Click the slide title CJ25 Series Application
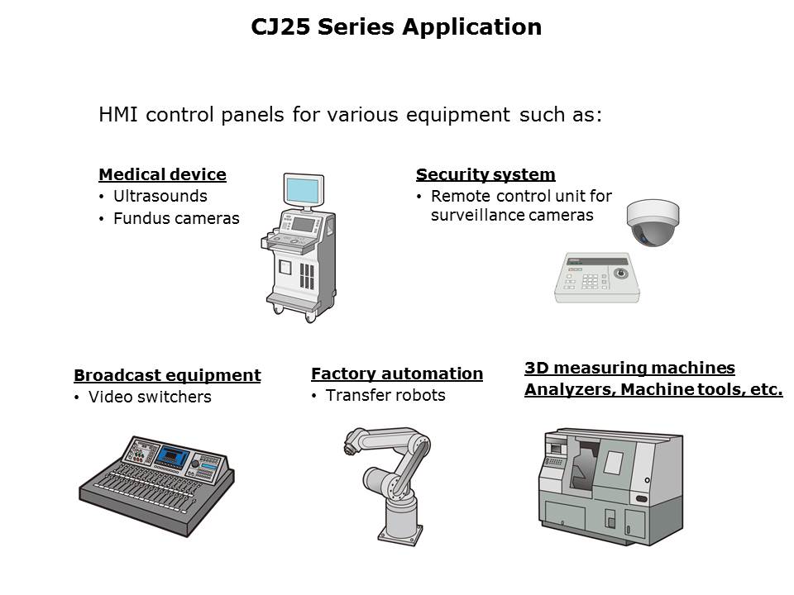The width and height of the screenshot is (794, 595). [396, 26]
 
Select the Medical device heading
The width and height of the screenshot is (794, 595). [163, 174]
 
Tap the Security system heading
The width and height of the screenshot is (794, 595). [485, 174]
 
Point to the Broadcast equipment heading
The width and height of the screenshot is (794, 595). [167, 375]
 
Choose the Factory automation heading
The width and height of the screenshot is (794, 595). [397, 374]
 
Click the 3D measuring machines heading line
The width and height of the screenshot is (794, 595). [629, 368]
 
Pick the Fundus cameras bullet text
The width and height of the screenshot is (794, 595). [176, 218]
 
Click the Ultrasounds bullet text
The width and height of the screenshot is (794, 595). [160, 197]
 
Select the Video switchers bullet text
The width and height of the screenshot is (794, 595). [150, 397]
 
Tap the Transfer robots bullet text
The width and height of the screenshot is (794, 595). [385, 396]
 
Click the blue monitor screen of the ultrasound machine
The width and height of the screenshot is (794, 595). [303, 191]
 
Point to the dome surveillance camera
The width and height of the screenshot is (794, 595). [653, 222]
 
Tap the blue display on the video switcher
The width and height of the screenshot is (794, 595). [173, 456]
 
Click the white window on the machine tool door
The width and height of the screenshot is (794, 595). [614, 463]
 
